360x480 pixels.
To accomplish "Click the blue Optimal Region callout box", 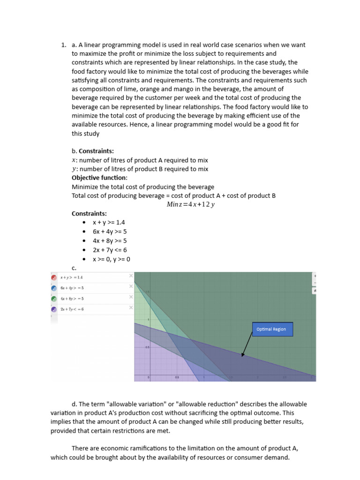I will (x=272, y=329).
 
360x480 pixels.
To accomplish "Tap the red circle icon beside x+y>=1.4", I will (x=54, y=277).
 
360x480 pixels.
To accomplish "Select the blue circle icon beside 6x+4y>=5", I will (x=54, y=288).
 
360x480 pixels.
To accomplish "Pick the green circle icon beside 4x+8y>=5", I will (x=54, y=299).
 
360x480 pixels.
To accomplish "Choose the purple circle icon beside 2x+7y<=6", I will (x=54, y=309).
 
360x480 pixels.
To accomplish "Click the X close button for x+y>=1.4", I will (x=131, y=276).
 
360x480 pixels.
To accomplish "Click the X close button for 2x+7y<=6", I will (x=131, y=307).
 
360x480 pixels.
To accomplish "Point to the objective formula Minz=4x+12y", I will (x=190, y=204).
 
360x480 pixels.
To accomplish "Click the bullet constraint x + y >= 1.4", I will (x=109, y=223).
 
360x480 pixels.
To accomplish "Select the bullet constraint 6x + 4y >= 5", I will (x=110, y=232).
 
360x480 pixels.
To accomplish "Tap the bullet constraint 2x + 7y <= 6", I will (x=110, y=250).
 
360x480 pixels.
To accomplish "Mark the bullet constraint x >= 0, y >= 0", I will (x=111, y=259).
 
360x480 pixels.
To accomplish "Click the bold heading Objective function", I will (x=99, y=178).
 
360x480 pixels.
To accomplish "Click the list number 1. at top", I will (x=64, y=45).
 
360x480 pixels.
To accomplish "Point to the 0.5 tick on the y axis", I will (x=147, y=347).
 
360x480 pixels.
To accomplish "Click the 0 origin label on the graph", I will (x=149, y=377).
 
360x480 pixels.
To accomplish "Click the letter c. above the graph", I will (x=74, y=268).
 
